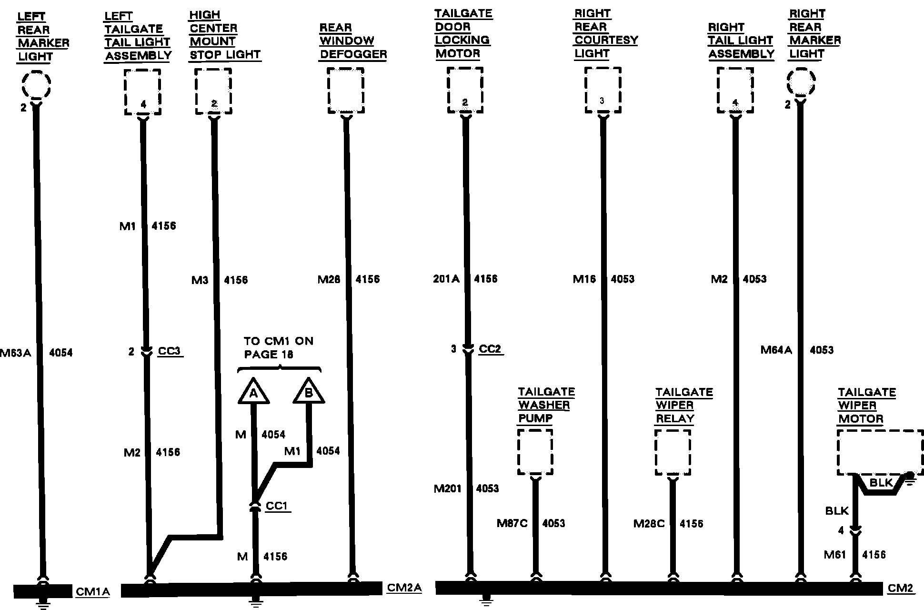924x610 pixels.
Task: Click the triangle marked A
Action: pyautogui.click(x=253, y=392)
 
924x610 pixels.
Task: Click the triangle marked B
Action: pyautogui.click(x=309, y=392)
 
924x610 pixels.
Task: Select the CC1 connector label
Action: pyautogui.click(x=277, y=506)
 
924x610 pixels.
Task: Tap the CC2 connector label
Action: pyautogui.click(x=490, y=349)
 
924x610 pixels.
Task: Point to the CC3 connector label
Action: pyautogui.click(x=169, y=351)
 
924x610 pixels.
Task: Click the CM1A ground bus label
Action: pyautogui.click(x=93, y=592)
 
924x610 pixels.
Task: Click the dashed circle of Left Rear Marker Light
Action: pyautogui.click(x=36, y=85)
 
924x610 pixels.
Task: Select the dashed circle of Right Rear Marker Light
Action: pyautogui.click(x=801, y=82)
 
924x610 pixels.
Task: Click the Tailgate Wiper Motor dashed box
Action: pyautogui.click(x=880, y=452)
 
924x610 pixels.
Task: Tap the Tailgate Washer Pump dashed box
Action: pyautogui.click(x=535, y=452)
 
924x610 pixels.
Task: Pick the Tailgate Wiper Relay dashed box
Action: pyautogui.click(x=673, y=452)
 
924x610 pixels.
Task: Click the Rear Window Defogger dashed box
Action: pyautogui.click(x=346, y=91)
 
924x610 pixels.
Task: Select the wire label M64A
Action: pyautogui.click(x=776, y=350)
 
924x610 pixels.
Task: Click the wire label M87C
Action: pyautogui.click(x=512, y=523)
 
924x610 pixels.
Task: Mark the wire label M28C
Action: pyautogui.click(x=649, y=524)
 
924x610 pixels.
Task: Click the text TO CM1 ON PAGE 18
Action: pyautogui.click(x=278, y=348)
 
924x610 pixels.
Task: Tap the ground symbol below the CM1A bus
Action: pyautogui.click(x=43, y=605)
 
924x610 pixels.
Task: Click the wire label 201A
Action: pyautogui.click(x=446, y=279)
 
